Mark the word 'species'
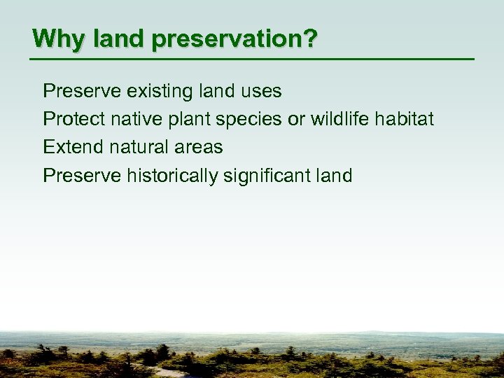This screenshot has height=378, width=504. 249,119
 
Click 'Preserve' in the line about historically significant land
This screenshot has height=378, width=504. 82,175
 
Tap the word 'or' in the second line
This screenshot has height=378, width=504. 296,119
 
